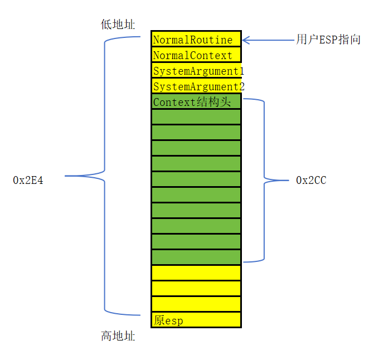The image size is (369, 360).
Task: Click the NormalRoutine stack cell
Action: pos(196,40)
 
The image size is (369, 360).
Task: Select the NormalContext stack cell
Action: pos(196,55)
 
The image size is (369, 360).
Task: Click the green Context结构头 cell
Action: pos(196,102)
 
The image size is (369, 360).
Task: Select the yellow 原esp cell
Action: pos(196,320)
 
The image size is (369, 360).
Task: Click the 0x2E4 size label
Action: pos(28,180)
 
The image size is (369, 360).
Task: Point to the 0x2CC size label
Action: pos(311,180)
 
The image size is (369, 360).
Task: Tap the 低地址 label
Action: pos(118,25)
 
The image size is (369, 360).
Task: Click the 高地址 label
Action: pos(118,336)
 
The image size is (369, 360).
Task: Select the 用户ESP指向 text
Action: pos(328,40)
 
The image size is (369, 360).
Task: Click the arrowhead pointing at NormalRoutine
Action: pos(245,40)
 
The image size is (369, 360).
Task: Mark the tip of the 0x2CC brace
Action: pos(285,180)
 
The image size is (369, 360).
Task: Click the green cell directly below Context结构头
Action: pos(196,117)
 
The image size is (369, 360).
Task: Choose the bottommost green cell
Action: pos(196,257)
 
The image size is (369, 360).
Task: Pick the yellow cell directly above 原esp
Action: pos(196,304)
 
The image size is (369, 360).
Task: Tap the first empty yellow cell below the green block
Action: pos(196,273)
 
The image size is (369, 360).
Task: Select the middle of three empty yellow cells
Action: pos(196,289)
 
